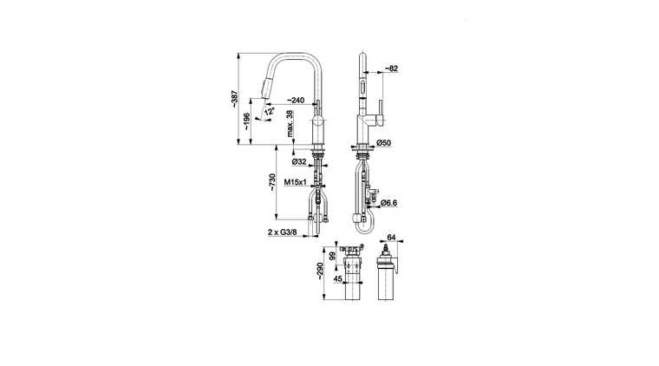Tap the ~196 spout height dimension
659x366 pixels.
coord(247,121)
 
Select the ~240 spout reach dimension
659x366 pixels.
coord(296,100)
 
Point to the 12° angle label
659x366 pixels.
coord(270,111)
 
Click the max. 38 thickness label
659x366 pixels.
coord(290,123)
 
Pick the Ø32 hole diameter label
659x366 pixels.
coord(299,161)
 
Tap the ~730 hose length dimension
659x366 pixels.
coord(272,182)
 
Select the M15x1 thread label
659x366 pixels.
coord(296,182)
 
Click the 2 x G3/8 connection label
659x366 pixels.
coord(283,232)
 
